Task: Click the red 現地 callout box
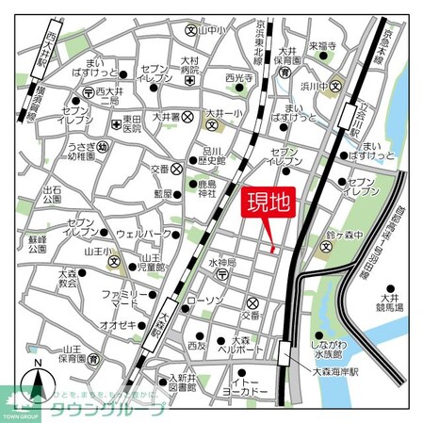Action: pyautogui.click(x=269, y=203)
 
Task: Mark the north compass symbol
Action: pyautogui.click(x=38, y=377)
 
